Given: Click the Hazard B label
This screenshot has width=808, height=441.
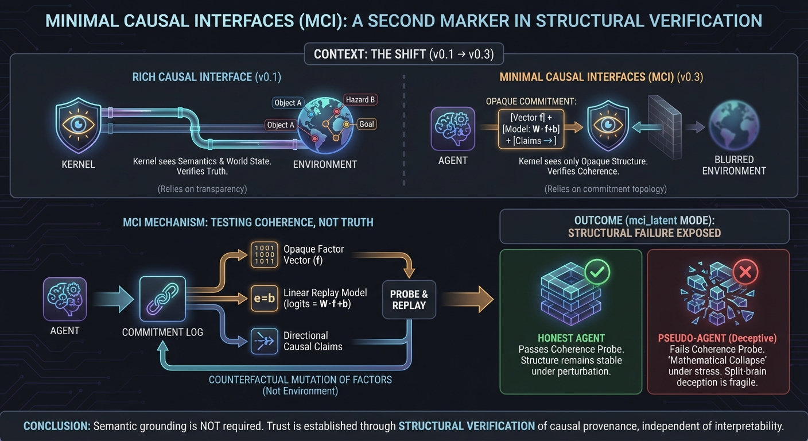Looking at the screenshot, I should (x=360, y=100).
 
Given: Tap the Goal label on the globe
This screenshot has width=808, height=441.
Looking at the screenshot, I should (x=367, y=124).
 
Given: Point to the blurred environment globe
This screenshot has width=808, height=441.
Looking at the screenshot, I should (x=733, y=126).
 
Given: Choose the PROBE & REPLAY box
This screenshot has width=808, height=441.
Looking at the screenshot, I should (x=409, y=300).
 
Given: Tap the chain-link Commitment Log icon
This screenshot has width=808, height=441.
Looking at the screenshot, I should (x=162, y=300).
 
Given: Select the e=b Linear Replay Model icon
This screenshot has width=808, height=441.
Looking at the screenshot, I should (x=264, y=299).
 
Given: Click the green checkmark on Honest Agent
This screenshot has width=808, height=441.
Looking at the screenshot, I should (x=597, y=273).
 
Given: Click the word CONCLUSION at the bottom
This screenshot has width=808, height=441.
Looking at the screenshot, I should (x=56, y=427).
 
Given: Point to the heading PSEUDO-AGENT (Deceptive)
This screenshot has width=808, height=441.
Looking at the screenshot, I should (x=718, y=339).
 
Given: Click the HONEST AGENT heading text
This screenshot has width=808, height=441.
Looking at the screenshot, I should (x=570, y=339).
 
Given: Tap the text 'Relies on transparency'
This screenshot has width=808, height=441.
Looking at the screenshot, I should (x=202, y=189).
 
